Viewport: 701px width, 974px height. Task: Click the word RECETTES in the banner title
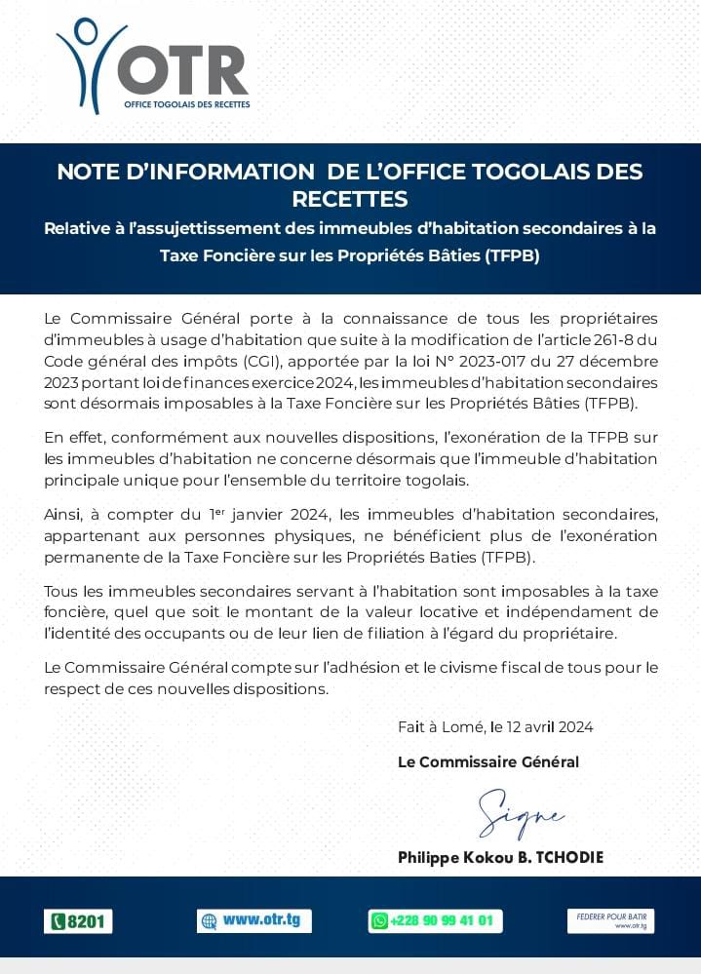point(350,200)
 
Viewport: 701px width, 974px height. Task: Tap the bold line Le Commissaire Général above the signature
point(488,761)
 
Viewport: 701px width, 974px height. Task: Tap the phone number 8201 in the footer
point(79,921)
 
